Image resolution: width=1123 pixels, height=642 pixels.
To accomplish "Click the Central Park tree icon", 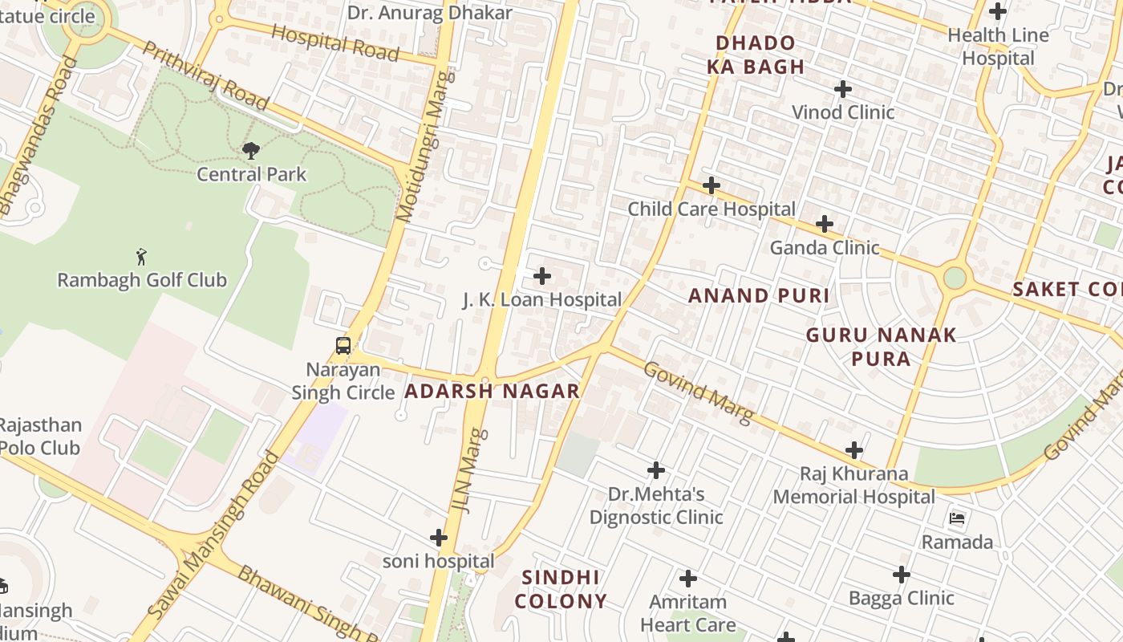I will coord(251,150).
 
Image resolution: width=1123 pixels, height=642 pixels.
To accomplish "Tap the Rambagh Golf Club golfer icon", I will coord(142,257).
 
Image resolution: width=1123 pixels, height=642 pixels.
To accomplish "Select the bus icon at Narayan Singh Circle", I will coord(343,346).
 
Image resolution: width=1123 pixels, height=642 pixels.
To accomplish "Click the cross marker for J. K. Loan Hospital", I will coord(542,277).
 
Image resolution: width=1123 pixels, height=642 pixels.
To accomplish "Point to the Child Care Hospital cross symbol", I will coord(711,186).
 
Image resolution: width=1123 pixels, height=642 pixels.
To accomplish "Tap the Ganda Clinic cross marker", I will coord(825,224).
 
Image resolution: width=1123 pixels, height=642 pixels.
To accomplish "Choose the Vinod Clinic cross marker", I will coord(842,89).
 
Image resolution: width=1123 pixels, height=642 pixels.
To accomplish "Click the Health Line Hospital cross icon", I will coord(998,12).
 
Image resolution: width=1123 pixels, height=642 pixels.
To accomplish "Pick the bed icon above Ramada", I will coord(957,518).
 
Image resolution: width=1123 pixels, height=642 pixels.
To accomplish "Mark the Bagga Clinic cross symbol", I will coord(902,575).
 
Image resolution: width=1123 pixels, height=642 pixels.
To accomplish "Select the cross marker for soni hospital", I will coord(438,538).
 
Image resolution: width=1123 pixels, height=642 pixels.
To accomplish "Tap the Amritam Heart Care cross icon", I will coord(687,579).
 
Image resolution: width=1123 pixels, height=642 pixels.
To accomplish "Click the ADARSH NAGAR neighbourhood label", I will coord(492,392).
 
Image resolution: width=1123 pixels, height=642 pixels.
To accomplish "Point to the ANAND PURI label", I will coord(759,295).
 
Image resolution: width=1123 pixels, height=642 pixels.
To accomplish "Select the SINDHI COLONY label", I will coord(561,589).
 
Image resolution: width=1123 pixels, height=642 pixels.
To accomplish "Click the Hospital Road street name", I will coord(335,42).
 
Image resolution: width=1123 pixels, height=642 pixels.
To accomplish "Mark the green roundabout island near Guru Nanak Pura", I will coord(955,278).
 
